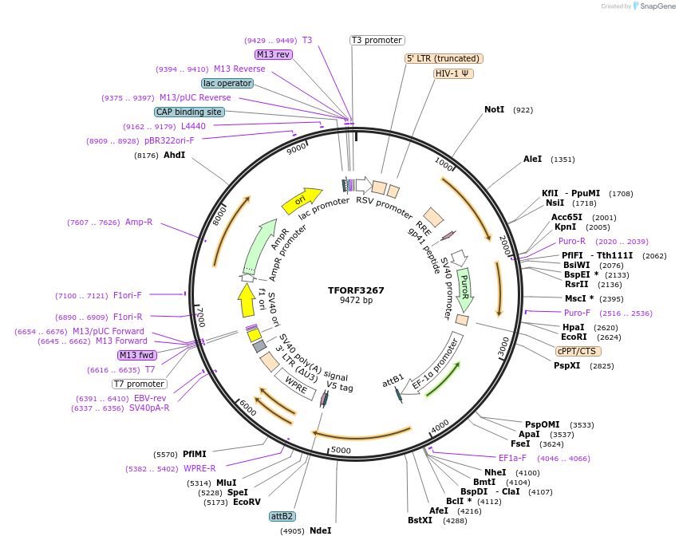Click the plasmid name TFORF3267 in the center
tap(356, 290)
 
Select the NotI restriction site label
tap(494, 109)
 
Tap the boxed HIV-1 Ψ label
tap(453, 73)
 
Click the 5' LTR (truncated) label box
tap(444, 58)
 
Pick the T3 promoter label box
tap(377, 40)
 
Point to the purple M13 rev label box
tap(273, 54)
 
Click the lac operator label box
tap(227, 83)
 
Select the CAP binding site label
tap(189, 112)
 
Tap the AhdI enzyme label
tap(174, 155)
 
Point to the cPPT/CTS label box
tap(578, 351)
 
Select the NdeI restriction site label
tap(320, 530)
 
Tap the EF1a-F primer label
tap(512, 458)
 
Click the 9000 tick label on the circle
tap(296, 148)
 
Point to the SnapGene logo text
tap(655, 6)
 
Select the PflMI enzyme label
tap(194, 454)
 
